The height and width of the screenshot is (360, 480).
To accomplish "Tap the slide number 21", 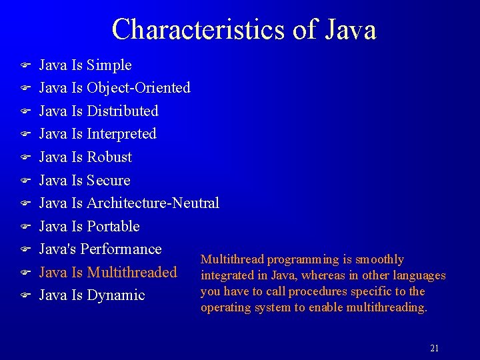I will pyautogui.click(x=435, y=348).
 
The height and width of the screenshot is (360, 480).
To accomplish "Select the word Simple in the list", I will pyautogui.click(x=109, y=65).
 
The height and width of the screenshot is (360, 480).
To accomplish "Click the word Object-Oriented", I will pyautogui.click(x=139, y=88).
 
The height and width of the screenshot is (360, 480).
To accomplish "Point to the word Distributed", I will pyautogui.click(x=123, y=111).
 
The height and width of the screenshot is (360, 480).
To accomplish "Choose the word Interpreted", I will pyautogui.click(x=121, y=134).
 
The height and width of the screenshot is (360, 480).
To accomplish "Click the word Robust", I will pyautogui.click(x=109, y=157).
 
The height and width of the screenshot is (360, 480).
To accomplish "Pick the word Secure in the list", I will pyautogui.click(x=109, y=181).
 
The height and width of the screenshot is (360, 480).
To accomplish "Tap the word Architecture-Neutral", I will pyautogui.click(x=153, y=203).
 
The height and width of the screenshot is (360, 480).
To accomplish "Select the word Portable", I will pyautogui.click(x=113, y=227).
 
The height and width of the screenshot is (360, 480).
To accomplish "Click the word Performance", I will pyautogui.click(x=121, y=249).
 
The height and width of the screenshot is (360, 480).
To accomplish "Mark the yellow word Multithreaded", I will pyautogui.click(x=132, y=272).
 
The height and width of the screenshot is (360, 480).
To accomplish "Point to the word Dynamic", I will pyautogui.click(x=116, y=295).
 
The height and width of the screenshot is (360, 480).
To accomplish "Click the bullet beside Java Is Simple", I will pyautogui.click(x=25, y=66).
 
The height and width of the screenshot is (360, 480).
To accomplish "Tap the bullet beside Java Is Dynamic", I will pyautogui.click(x=25, y=295).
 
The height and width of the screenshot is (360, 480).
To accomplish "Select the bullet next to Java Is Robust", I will pyautogui.click(x=25, y=158).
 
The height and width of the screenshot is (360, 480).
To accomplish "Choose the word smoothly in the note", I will pyautogui.click(x=380, y=259).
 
